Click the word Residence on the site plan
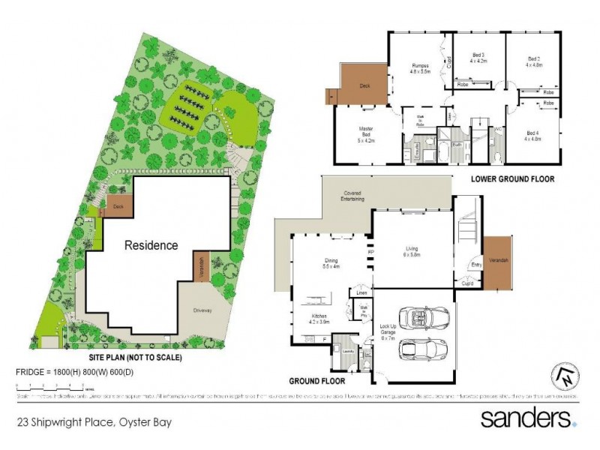(x=151, y=245)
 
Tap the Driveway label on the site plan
(x=202, y=310)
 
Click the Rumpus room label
(x=420, y=68)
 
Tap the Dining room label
(x=331, y=262)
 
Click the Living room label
(x=412, y=251)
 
